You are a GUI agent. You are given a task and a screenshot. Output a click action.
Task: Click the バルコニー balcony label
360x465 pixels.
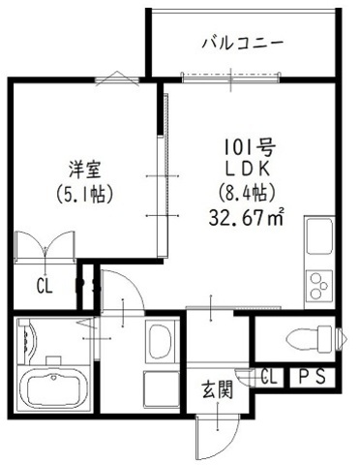242,43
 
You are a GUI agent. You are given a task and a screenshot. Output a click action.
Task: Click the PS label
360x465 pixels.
312,376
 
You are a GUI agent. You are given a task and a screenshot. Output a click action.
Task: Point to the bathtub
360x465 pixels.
56,391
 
